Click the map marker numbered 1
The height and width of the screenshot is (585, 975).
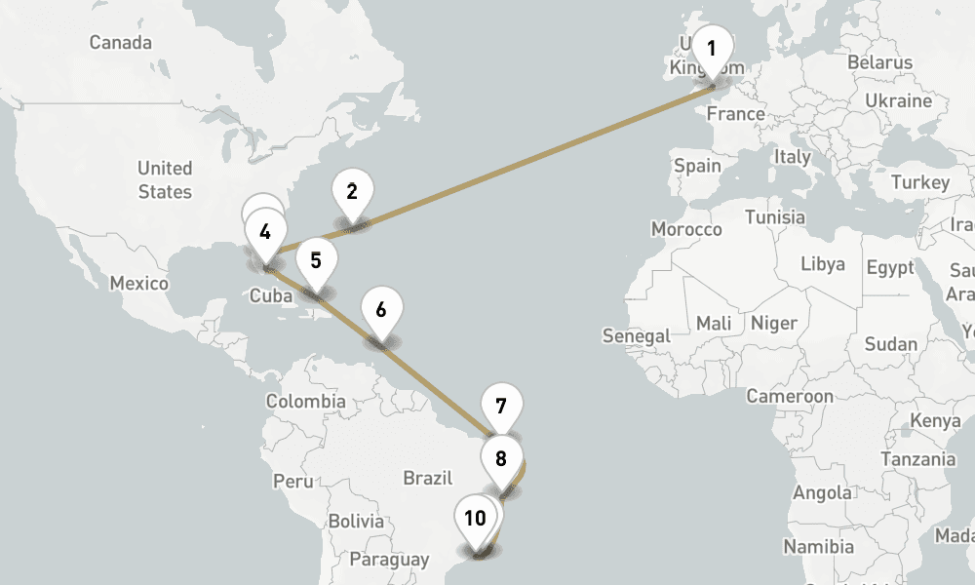pos(712,49)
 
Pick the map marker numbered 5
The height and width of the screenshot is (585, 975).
pos(316,261)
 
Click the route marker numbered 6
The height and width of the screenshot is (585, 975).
pos(380,311)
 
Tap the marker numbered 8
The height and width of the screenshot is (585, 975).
pos(501,459)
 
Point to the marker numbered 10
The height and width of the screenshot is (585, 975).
pos(476,519)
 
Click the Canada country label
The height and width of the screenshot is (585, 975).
pos(120,43)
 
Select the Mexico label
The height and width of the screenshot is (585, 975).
pos(138,284)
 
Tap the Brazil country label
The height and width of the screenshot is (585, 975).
pos(428,478)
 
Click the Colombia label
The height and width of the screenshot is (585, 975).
pos(305,401)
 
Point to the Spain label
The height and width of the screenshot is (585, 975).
pos(697,166)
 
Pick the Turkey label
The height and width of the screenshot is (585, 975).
pos(919,182)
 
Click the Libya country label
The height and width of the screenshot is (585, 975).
pos(823,264)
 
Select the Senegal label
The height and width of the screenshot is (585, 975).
pos(636,336)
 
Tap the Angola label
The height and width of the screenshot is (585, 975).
pos(823,492)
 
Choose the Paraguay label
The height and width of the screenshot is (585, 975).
pos(389,560)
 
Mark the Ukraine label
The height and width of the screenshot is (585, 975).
pos(898,100)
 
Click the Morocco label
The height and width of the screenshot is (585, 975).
pos(686,229)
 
